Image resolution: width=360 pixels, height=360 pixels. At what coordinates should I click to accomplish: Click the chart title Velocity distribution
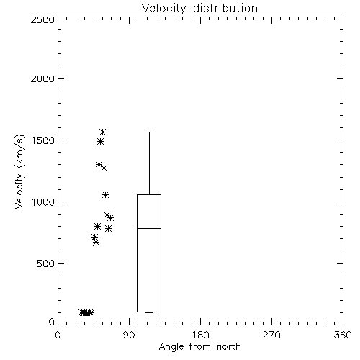pos(199,8)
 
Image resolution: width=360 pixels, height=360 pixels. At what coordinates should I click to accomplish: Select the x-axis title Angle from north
pos(199,347)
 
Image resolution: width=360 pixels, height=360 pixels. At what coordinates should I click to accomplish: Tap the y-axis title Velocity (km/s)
pos(19,171)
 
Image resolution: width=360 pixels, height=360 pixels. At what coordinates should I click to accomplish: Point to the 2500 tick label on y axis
pos(42,19)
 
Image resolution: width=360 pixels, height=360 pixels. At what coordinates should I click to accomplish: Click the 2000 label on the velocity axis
pos(42,78)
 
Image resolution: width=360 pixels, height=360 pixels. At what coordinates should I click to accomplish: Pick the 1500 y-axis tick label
pos(42,140)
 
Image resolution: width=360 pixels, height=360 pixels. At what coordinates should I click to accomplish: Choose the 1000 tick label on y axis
pos(42,202)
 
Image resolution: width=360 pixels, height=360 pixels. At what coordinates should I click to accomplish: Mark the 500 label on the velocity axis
pos(45,264)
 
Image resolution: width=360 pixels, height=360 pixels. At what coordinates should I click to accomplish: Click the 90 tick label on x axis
pos(129,335)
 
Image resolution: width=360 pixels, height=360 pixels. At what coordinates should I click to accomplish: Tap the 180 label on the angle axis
pos(200,335)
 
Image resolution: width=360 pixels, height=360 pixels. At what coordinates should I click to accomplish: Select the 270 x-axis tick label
pos(271,335)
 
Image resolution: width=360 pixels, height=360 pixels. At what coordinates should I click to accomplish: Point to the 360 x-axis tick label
pos(343,335)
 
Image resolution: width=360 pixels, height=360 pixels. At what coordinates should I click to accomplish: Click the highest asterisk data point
pos(103,132)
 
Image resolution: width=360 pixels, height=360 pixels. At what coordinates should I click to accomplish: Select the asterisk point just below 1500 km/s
pos(100,142)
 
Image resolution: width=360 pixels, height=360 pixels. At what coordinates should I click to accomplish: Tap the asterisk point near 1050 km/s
pos(105,194)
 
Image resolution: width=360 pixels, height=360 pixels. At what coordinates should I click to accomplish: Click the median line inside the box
pos(149,228)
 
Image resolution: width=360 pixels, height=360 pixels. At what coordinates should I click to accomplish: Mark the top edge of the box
pos(149,194)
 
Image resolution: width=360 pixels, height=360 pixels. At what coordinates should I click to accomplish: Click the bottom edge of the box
pos(149,312)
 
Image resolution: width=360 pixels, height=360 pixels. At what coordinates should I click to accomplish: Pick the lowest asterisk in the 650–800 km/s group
pos(96,243)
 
